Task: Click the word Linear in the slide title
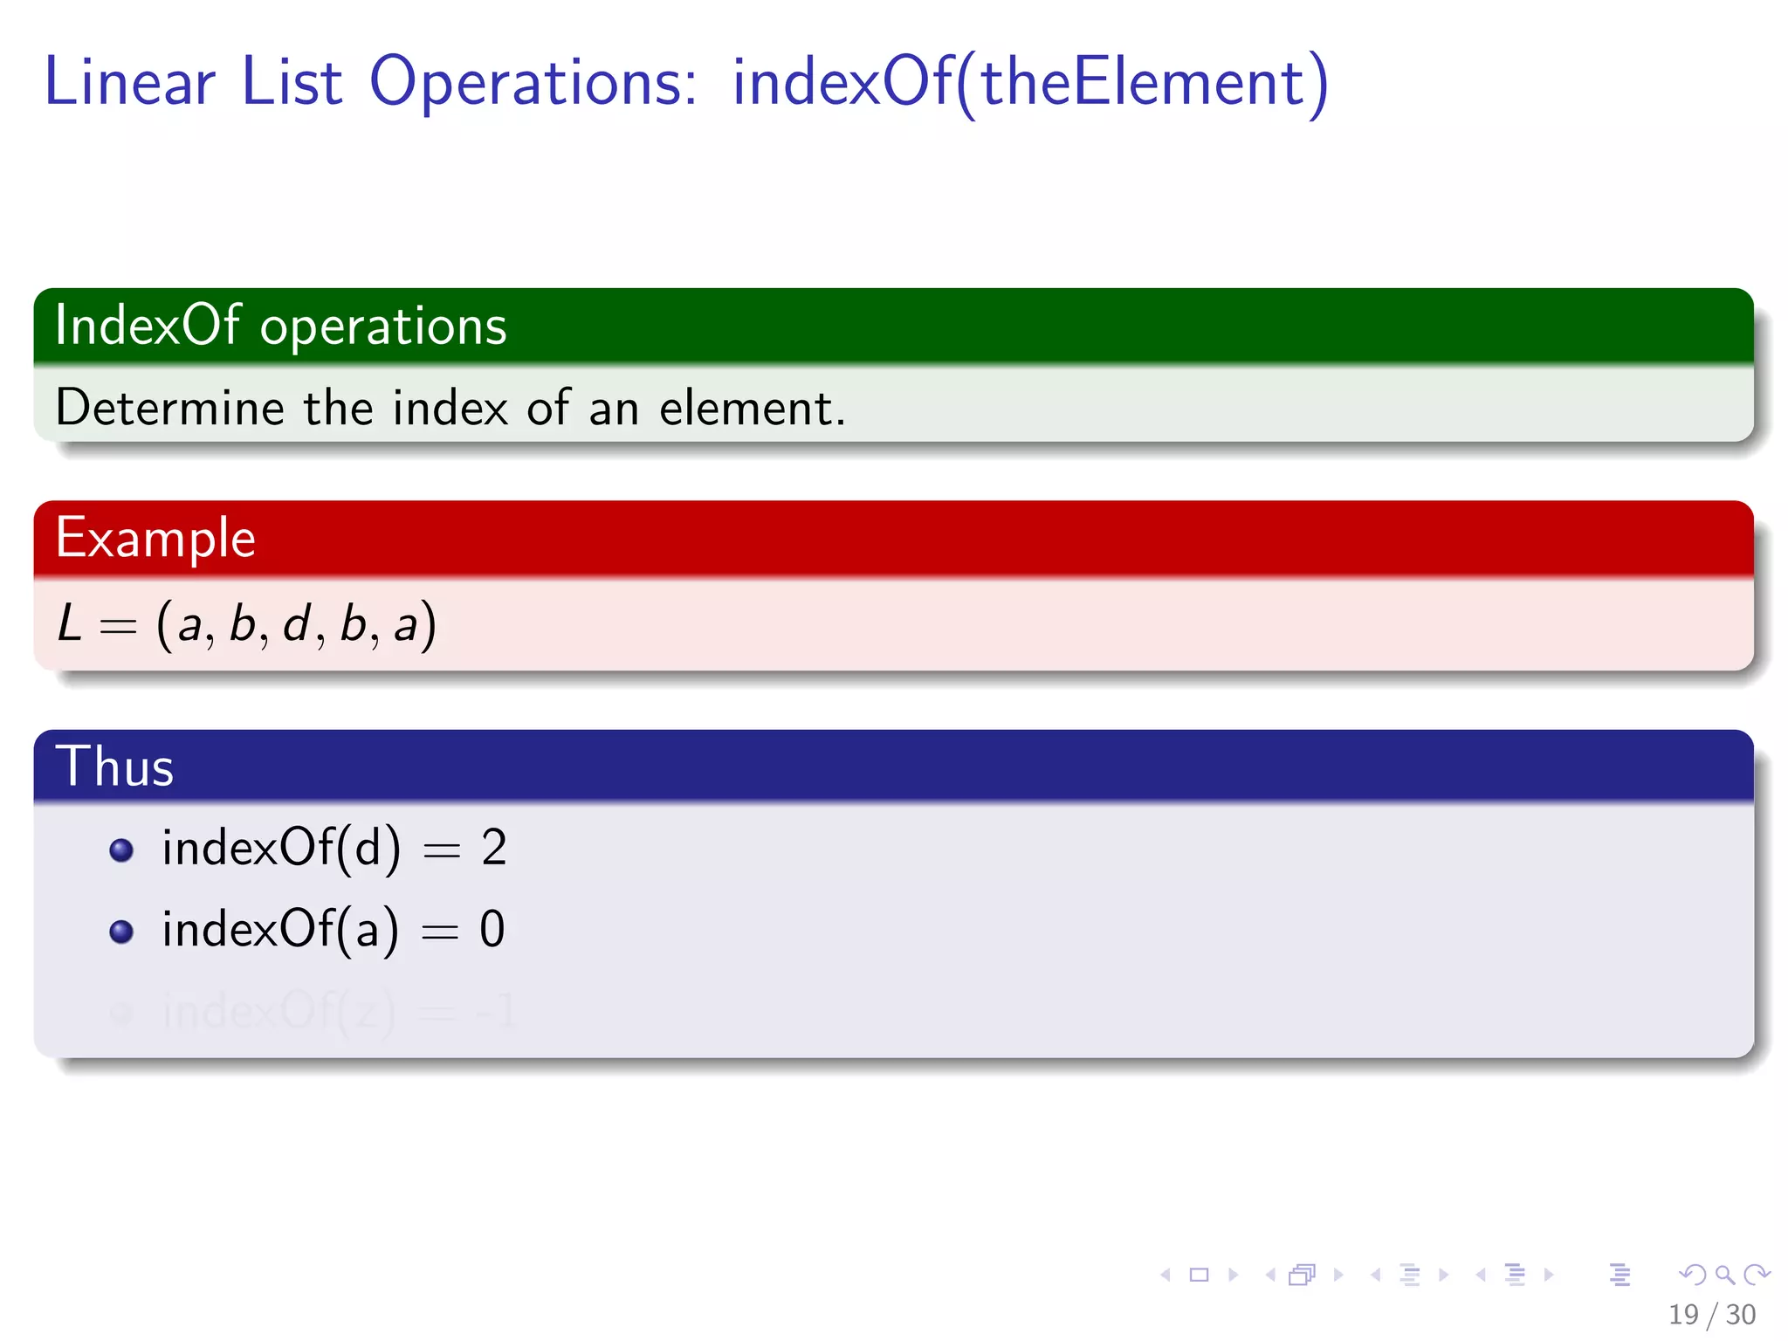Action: point(129,82)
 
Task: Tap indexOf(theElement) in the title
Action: point(1030,82)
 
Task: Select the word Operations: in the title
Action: point(533,84)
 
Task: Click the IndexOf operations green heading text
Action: point(280,326)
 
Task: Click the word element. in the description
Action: point(752,408)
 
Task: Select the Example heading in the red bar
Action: point(155,537)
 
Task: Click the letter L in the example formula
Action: point(70,624)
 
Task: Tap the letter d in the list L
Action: point(297,623)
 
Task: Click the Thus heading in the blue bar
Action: point(114,767)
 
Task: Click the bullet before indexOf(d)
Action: point(121,850)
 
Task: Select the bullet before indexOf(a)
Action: point(121,932)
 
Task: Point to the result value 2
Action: point(494,848)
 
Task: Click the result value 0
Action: point(492,929)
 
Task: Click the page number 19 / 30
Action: point(1711,1314)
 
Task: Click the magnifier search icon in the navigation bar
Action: point(1724,1275)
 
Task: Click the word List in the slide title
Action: point(292,82)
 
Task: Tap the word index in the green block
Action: point(450,408)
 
